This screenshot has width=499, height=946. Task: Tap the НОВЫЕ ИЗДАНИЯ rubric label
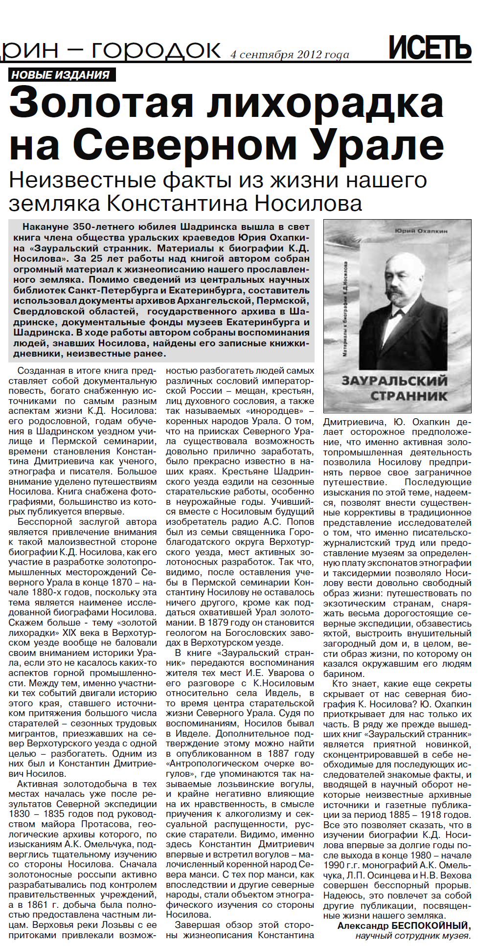click(x=61, y=75)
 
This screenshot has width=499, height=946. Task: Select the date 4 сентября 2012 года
click(x=290, y=54)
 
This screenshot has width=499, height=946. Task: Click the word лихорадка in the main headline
click(x=323, y=103)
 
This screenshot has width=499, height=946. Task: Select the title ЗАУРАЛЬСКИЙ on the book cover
click(x=394, y=381)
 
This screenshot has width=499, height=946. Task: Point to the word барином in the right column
click(x=343, y=674)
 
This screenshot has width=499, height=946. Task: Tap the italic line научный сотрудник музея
click(x=413, y=935)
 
